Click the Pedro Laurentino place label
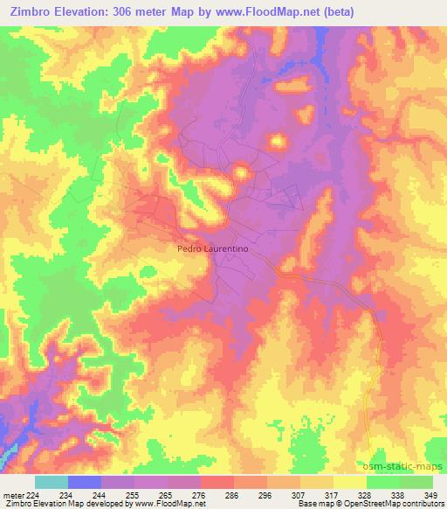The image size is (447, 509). click(208, 248)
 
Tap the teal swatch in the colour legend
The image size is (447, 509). click(52, 481)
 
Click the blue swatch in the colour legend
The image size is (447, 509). click(85, 481)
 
